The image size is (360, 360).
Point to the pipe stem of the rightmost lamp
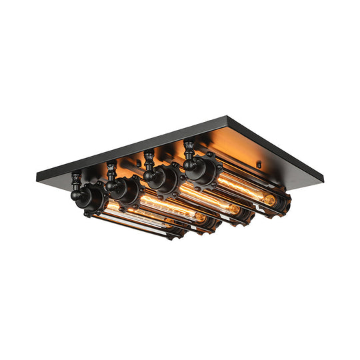pos(189,147)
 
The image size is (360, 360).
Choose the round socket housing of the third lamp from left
pos(159,177)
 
